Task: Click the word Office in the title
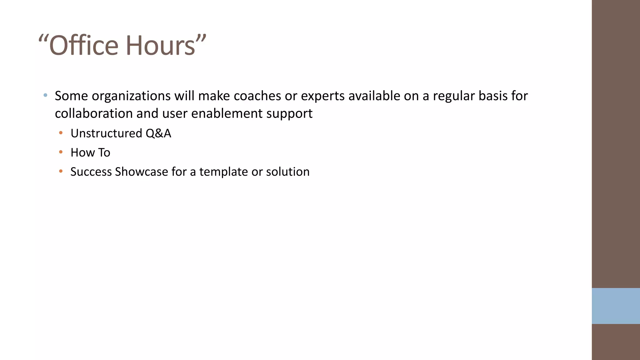84,46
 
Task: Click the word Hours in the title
160,46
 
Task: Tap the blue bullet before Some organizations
46,95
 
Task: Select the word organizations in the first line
131,96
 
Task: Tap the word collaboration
94,113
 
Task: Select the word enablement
227,113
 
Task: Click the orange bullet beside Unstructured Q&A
61,133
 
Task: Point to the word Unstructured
106,133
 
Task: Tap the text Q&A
158,133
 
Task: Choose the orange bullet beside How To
61,152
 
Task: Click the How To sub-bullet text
90,152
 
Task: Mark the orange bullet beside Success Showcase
61,171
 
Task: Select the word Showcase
141,172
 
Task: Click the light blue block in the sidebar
616,306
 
